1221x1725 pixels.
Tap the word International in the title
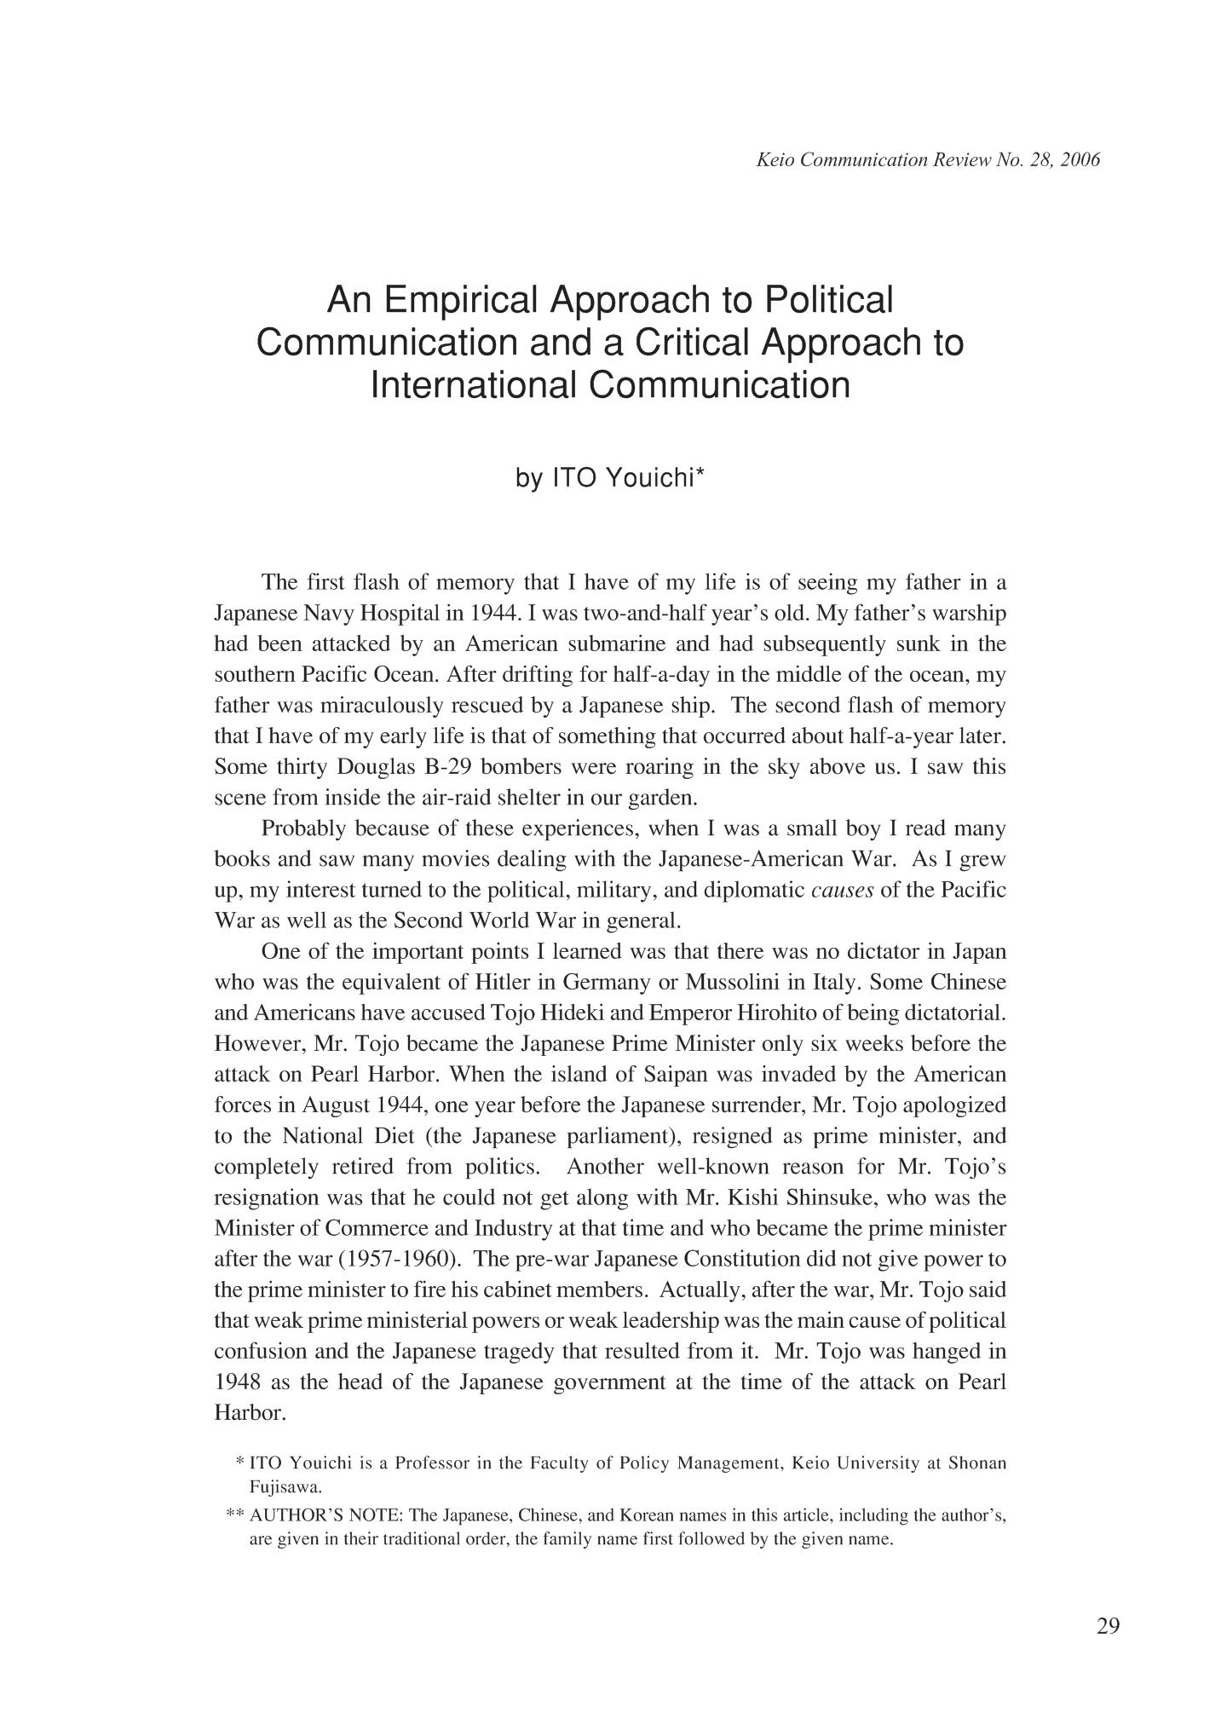(x=473, y=384)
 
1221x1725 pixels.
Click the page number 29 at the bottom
(x=1108, y=1627)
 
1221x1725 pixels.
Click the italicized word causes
(x=842, y=891)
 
